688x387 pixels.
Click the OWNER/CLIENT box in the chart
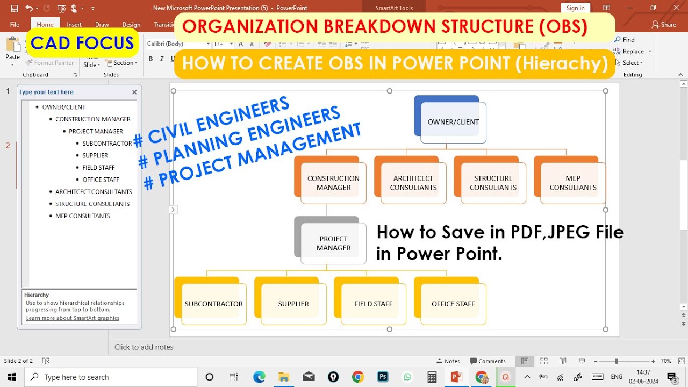point(453,122)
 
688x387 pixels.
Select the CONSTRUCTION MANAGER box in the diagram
point(333,183)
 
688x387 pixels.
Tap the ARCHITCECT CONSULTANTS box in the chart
point(413,183)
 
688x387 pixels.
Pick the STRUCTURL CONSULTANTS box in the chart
point(493,183)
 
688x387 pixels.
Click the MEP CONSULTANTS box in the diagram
point(572,183)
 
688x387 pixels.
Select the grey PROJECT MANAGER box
point(333,243)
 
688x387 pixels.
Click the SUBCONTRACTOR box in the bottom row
point(213,304)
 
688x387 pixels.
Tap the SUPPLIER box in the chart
point(293,304)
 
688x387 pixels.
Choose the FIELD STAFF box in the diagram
point(373,304)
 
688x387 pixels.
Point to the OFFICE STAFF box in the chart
point(453,304)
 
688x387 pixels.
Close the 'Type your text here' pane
point(134,92)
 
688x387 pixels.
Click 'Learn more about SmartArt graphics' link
point(73,318)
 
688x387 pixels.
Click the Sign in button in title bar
point(575,8)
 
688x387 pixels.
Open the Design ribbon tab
point(131,25)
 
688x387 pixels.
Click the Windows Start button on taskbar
point(11,377)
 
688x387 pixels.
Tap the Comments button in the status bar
point(488,361)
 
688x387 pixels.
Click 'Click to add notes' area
point(144,347)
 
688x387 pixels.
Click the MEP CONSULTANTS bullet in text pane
point(82,216)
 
